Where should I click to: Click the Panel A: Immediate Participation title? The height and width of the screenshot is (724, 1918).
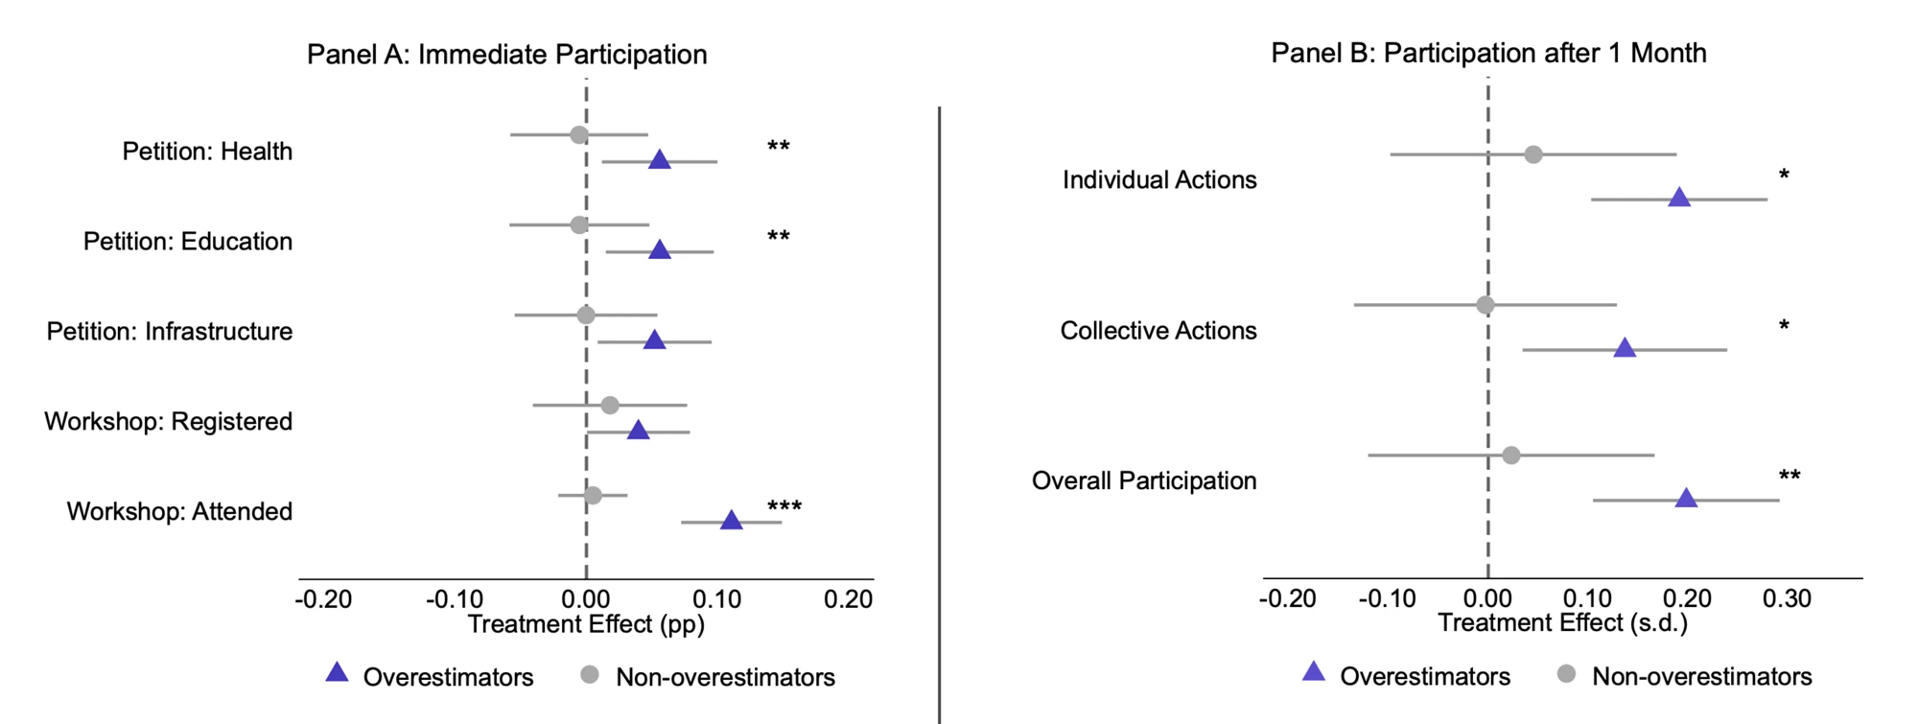(x=507, y=55)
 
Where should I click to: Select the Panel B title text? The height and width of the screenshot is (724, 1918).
(x=1489, y=53)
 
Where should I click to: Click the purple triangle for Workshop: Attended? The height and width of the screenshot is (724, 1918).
(x=732, y=520)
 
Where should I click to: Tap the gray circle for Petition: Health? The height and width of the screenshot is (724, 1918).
(x=579, y=134)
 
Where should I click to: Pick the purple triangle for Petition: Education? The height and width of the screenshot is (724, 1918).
(x=660, y=249)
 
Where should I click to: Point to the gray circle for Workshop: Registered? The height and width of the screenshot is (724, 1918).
(x=610, y=405)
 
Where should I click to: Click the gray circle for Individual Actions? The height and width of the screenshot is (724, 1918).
(x=1533, y=154)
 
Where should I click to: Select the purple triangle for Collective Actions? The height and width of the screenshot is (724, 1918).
(x=1625, y=347)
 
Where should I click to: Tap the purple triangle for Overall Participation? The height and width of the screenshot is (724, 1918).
(x=1686, y=498)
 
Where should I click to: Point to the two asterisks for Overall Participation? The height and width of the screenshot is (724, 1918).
(x=1789, y=477)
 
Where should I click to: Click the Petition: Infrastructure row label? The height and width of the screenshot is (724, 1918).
(x=170, y=332)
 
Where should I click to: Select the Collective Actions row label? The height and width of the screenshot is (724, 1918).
(x=1158, y=331)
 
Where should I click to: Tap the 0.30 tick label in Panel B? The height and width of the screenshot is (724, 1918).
(x=1788, y=599)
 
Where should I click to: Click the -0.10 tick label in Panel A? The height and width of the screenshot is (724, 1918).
(x=455, y=600)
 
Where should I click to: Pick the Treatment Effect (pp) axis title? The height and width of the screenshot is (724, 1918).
(x=586, y=624)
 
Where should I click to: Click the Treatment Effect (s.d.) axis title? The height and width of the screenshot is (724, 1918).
(x=1563, y=623)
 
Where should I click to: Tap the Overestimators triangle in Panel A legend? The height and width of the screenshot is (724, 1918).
(x=337, y=672)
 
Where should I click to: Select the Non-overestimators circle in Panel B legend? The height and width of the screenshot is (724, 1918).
(x=1566, y=674)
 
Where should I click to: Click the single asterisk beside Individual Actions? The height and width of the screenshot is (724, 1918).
(x=1784, y=175)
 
